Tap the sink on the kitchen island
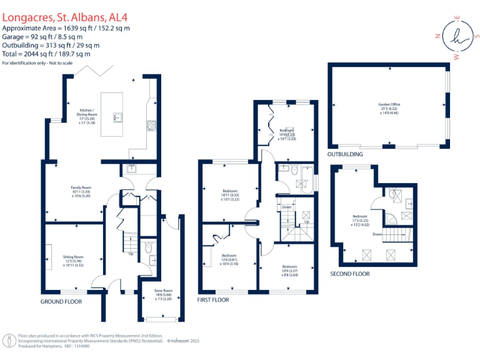(x=116, y=116)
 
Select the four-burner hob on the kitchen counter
(x=151, y=125)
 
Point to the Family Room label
(x=81, y=191)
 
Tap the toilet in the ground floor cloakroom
(x=148, y=248)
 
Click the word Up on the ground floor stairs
(x=131, y=254)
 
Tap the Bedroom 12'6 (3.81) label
(x=229, y=259)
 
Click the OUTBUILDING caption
(x=345, y=154)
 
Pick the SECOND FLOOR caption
(x=350, y=274)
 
